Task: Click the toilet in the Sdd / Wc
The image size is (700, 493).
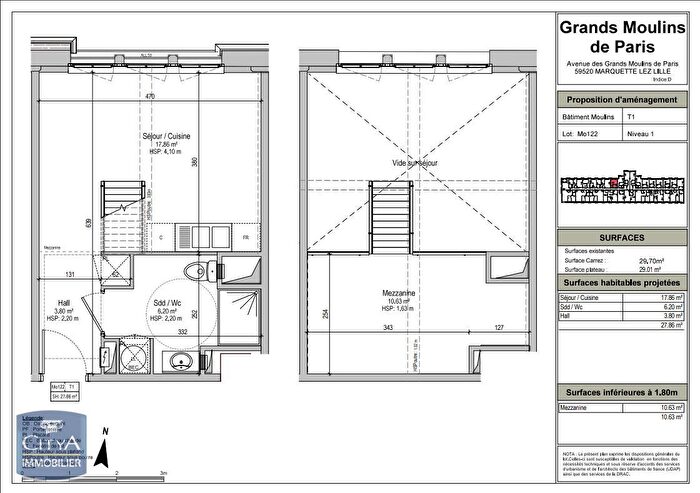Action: coord(200,270)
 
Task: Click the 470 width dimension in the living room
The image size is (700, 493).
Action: coord(150,97)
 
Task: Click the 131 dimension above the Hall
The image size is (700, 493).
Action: coord(70,273)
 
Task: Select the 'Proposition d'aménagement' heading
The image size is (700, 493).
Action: coord(621,100)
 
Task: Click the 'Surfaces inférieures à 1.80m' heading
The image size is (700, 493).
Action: coord(621,392)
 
